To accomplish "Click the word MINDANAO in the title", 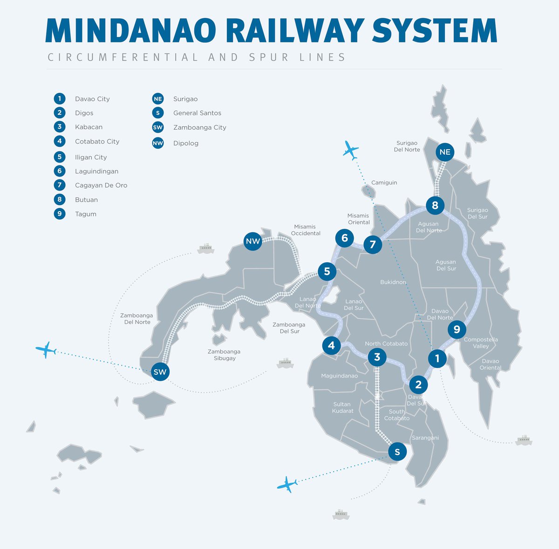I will pyautogui.click(x=130, y=31).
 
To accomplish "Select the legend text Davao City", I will pyautogui.click(x=92, y=99).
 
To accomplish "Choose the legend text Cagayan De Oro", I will pyautogui.click(x=101, y=185).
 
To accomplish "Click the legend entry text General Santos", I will pyautogui.click(x=197, y=113).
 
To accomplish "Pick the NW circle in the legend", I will pyautogui.click(x=158, y=143).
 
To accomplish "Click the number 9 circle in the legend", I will pyautogui.click(x=60, y=214).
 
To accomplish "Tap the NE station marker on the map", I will pyautogui.click(x=445, y=152).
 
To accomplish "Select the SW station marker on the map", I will pyautogui.click(x=160, y=372).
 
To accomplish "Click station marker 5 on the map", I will pyautogui.click(x=327, y=271).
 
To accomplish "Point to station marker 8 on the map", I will pyautogui.click(x=435, y=205).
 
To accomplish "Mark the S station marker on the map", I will pyautogui.click(x=397, y=452).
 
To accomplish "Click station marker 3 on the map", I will pyautogui.click(x=377, y=357).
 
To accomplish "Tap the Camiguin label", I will pyautogui.click(x=384, y=183).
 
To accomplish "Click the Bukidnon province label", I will pyautogui.click(x=393, y=282).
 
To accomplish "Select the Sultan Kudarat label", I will pyautogui.click(x=342, y=407).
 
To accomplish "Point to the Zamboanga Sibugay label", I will pyautogui.click(x=225, y=355).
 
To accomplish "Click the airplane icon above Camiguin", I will pyautogui.click(x=350, y=150).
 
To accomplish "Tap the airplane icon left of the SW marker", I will pyautogui.click(x=46, y=350).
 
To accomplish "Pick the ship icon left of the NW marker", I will pyautogui.click(x=205, y=248).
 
